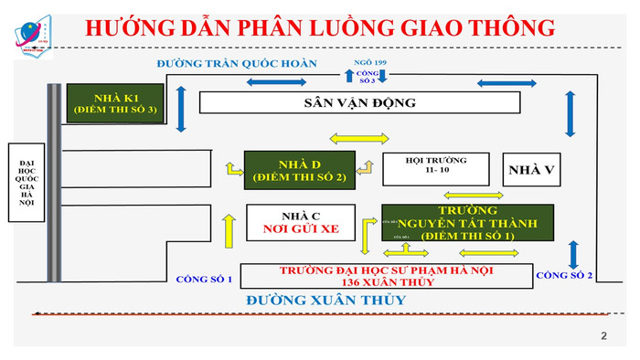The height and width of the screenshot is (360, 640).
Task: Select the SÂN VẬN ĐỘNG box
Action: [x=359, y=102]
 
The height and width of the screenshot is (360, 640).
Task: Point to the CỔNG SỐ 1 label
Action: [x=204, y=278]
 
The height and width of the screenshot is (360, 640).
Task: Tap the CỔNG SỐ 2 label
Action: [x=564, y=275]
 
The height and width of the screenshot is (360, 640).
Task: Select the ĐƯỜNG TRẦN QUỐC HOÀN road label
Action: [x=236, y=64]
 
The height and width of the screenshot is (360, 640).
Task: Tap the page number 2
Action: [x=603, y=336]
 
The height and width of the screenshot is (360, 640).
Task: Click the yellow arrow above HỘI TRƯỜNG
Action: [x=359, y=139]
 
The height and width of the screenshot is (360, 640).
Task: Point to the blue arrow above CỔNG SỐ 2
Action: [x=573, y=250]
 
